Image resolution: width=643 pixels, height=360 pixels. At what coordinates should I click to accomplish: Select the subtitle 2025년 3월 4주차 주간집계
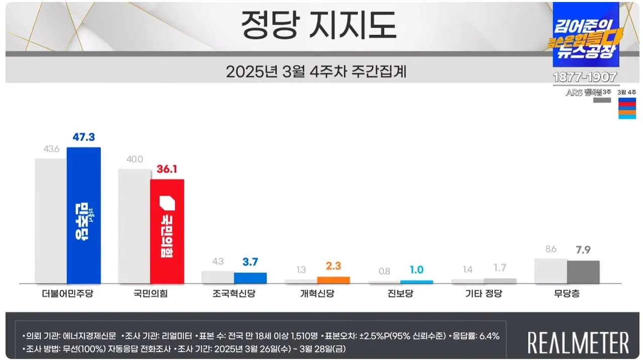coord(316,71)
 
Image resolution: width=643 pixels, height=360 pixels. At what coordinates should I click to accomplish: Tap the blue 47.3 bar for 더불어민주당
coord(84,215)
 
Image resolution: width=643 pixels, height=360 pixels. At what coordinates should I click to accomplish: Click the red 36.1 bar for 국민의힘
coord(167,232)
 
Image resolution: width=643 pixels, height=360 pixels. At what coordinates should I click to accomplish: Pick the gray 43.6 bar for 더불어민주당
coord(51,221)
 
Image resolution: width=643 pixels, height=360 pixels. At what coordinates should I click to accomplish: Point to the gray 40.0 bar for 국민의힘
coord(134,226)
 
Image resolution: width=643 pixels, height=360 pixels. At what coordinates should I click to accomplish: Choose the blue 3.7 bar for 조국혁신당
coord(250,278)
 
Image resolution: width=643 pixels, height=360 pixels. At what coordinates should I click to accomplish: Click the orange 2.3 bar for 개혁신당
coord(333,280)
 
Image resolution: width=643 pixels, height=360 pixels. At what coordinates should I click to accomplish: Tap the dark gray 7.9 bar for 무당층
coord(583,272)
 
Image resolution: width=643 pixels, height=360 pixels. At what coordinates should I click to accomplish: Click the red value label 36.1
coord(167,170)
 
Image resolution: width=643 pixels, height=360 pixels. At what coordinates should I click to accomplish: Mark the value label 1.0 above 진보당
coord(417,270)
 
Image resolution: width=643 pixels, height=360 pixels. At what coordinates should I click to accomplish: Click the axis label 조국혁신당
coord(234,294)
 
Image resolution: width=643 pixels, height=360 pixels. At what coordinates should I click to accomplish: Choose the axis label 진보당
coord(401,294)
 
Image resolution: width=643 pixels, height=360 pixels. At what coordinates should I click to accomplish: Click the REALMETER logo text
coord(578,342)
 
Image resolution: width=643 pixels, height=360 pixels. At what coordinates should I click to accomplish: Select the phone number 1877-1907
coord(585,78)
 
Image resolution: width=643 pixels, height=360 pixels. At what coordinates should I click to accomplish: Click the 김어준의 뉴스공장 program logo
coord(585,35)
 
